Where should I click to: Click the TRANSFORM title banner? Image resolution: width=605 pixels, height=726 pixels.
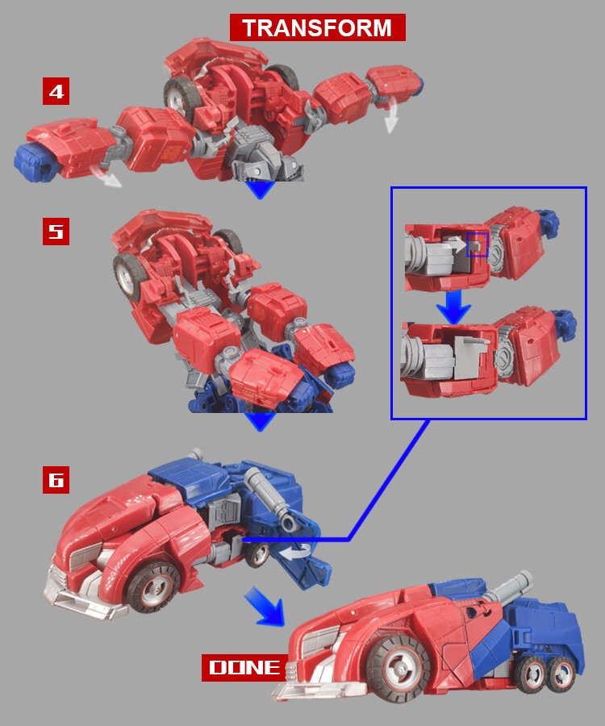pos(318,27)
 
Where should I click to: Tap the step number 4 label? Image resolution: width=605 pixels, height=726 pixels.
pos(56,91)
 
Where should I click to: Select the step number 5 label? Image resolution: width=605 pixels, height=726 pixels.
pos(56,232)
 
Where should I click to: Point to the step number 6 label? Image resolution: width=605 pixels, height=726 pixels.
pos(56,480)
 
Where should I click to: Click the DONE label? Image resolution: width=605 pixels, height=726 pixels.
pos(244,668)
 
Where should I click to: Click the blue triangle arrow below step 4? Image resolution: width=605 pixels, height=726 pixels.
pos(260,190)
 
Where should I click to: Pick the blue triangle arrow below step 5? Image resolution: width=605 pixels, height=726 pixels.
pos(260,422)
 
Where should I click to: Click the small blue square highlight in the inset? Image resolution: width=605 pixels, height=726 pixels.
pos(478,244)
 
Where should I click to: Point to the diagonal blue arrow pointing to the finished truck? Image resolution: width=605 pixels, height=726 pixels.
pos(265,606)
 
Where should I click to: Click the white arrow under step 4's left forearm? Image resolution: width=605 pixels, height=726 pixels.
pos(105,177)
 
